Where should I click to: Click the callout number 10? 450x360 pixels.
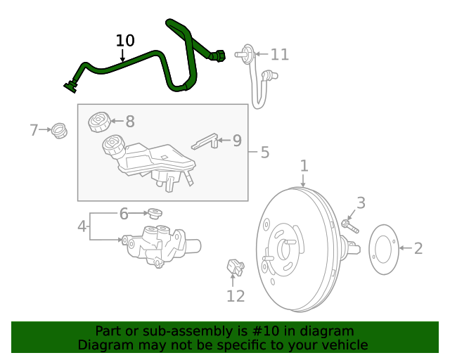click(x=125, y=41)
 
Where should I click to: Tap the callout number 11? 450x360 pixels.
click(x=279, y=54)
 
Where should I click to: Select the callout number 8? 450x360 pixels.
click(x=130, y=122)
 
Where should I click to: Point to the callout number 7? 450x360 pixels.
click(x=34, y=130)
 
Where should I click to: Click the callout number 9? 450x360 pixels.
click(x=237, y=141)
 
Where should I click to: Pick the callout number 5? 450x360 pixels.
click(x=264, y=152)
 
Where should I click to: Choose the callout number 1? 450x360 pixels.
click(x=304, y=166)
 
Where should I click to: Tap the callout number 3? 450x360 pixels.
click(x=361, y=203)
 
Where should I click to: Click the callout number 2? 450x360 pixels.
click(x=418, y=247)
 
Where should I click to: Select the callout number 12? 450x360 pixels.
click(x=236, y=296)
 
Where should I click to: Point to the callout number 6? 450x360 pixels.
click(x=124, y=213)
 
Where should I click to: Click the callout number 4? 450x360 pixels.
click(x=82, y=226)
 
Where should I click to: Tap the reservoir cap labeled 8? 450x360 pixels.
click(x=98, y=122)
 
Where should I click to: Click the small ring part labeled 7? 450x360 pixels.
click(x=60, y=130)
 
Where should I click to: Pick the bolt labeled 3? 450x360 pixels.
click(x=349, y=226)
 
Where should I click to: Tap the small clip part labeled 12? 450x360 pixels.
click(x=234, y=266)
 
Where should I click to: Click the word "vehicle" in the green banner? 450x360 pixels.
click(x=343, y=345)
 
